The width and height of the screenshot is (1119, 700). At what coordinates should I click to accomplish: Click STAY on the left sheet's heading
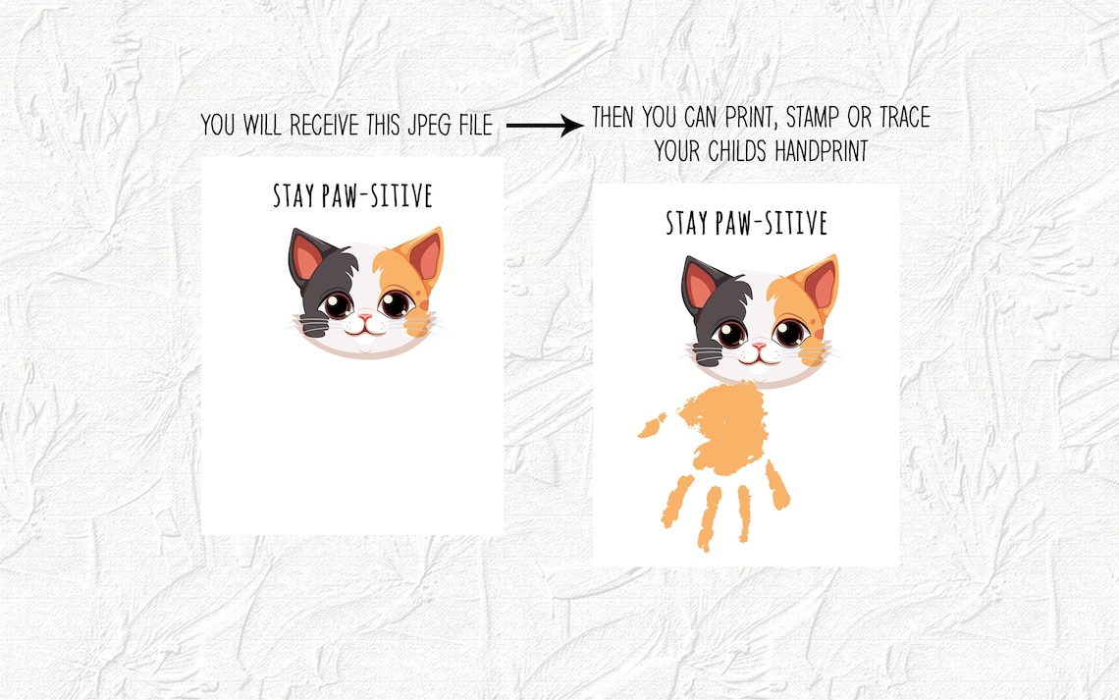[294, 196]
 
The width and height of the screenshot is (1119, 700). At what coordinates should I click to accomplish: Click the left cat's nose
[364, 318]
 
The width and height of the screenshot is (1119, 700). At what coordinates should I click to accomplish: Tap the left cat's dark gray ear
[306, 258]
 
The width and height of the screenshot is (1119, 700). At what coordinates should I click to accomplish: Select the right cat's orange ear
[820, 285]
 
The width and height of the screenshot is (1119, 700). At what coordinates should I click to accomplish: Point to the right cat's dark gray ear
[700, 286]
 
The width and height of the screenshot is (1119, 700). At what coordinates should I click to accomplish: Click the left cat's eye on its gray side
[337, 305]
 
